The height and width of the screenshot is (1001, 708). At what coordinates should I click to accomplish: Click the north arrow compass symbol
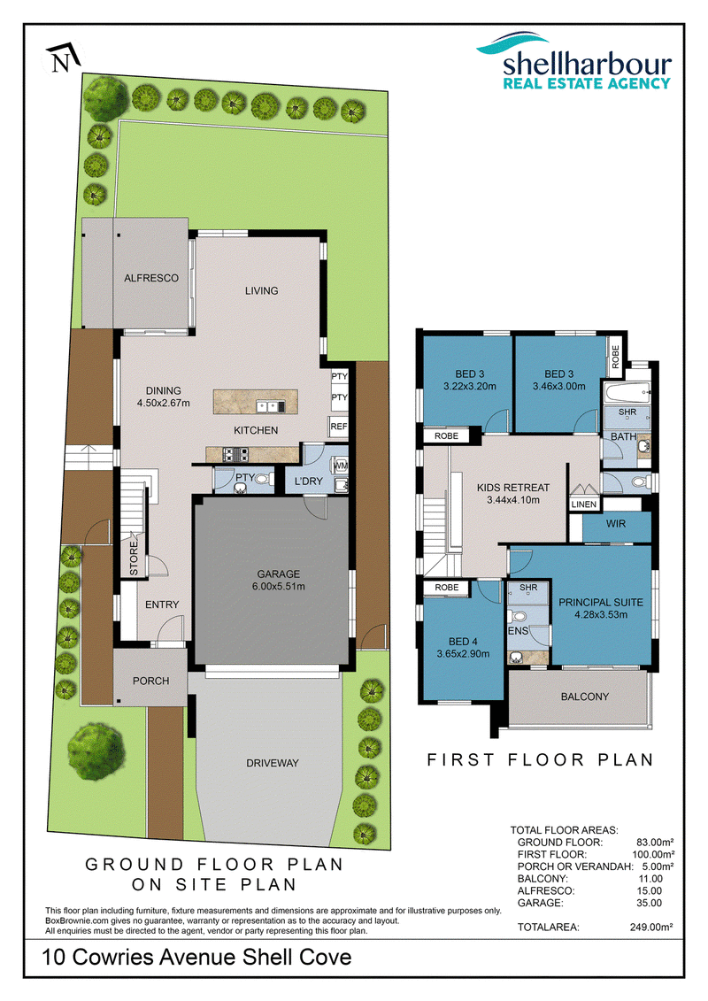point(63,58)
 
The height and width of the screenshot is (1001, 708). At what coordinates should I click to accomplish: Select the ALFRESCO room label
point(151,278)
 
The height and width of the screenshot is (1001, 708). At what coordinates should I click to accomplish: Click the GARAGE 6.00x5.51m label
point(279,581)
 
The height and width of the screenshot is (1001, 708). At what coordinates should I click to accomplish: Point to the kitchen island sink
point(270,405)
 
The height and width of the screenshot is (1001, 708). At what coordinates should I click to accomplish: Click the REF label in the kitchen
point(339,427)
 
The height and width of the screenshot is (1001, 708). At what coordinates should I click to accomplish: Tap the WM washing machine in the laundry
point(341,466)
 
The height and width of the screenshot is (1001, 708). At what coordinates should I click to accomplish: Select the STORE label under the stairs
point(134,558)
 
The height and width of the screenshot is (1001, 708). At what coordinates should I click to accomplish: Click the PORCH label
point(150,681)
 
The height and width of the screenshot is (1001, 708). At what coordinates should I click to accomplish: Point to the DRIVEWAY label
point(273,763)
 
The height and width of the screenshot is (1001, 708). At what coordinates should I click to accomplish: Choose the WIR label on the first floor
point(615,523)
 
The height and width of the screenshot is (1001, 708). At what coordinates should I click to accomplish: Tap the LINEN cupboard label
point(584,504)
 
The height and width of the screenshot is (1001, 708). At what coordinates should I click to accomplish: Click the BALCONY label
point(585,697)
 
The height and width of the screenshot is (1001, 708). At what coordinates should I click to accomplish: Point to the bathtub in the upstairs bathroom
point(627,391)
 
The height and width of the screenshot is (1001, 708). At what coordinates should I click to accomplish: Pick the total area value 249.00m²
point(651,927)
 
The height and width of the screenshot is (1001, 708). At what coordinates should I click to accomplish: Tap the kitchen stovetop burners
point(235,455)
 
